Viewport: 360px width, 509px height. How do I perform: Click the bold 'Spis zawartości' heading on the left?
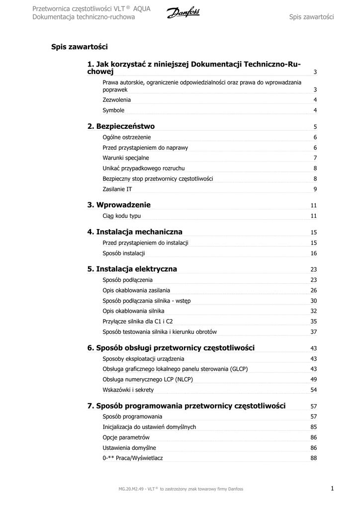click(80, 47)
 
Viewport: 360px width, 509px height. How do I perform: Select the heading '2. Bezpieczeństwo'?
click(121, 126)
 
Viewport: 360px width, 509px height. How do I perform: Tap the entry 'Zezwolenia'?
click(117, 100)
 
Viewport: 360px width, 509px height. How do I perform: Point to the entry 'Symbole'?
click(113, 110)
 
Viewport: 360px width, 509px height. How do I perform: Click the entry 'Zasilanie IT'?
click(117, 189)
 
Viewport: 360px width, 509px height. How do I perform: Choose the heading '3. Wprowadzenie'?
click(119, 205)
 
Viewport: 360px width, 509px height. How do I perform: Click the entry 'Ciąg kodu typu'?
click(121, 216)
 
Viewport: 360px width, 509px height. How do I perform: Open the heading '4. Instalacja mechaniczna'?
click(135, 232)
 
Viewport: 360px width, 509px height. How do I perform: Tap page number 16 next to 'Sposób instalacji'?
click(314, 254)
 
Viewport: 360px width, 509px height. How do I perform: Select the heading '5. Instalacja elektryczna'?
click(132, 269)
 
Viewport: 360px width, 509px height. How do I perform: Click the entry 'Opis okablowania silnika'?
click(133, 311)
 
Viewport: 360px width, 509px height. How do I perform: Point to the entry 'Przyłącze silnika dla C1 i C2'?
click(138, 321)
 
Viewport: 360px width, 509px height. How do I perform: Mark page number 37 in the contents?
click(314, 332)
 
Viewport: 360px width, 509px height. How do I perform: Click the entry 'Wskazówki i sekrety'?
click(128, 390)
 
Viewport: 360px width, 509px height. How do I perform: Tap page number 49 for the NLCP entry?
click(314, 380)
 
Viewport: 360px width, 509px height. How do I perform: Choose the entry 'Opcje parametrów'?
click(126, 437)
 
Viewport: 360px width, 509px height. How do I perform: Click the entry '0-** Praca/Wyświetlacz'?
click(132, 458)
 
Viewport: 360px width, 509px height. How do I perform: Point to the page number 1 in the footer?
click(332, 489)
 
